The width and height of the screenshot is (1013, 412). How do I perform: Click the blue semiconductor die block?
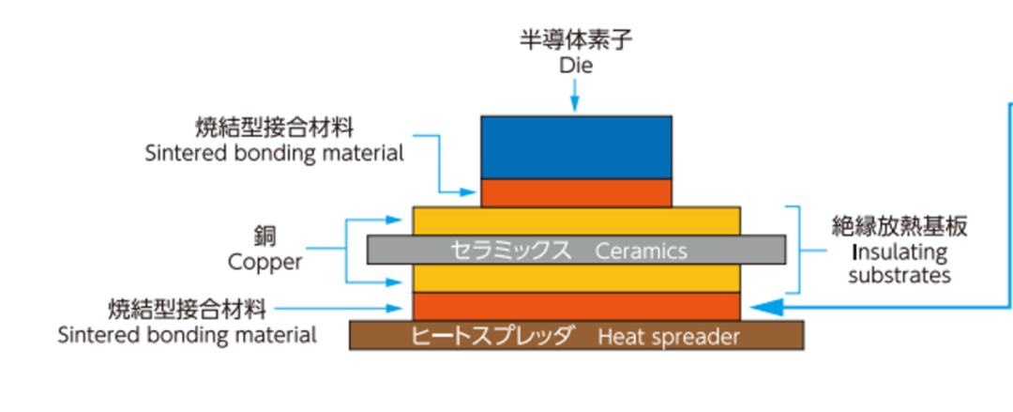pyautogui.click(x=576, y=146)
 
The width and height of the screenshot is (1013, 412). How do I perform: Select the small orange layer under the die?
pyautogui.click(x=576, y=192)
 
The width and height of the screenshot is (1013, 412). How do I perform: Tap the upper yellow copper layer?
pyautogui.click(x=576, y=221)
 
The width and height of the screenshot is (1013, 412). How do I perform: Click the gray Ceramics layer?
pyautogui.click(x=576, y=251)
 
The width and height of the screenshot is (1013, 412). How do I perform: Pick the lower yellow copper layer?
pyautogui.click(x=576, y=278)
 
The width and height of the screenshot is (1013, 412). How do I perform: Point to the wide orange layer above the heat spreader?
pyautogui.click(x=576, y=306)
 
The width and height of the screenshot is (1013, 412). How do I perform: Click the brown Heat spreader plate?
pyautogui.click(x=576, y=336)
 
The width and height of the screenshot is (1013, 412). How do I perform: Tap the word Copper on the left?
pyautogui.click(x=265, y=262)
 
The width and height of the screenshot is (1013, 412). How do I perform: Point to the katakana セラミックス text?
pyautogui.click(x=506, y=252)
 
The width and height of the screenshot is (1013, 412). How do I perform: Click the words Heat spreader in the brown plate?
pyautogui.click(x=669, y=337)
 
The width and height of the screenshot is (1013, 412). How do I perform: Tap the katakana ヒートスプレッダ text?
pyautogui.click(x=493, y=337)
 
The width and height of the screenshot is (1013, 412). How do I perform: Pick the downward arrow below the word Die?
pyautogui.click(x=576, y=96)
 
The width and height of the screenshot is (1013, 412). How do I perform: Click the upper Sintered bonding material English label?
pyautogui.click(x=275, y=153)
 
